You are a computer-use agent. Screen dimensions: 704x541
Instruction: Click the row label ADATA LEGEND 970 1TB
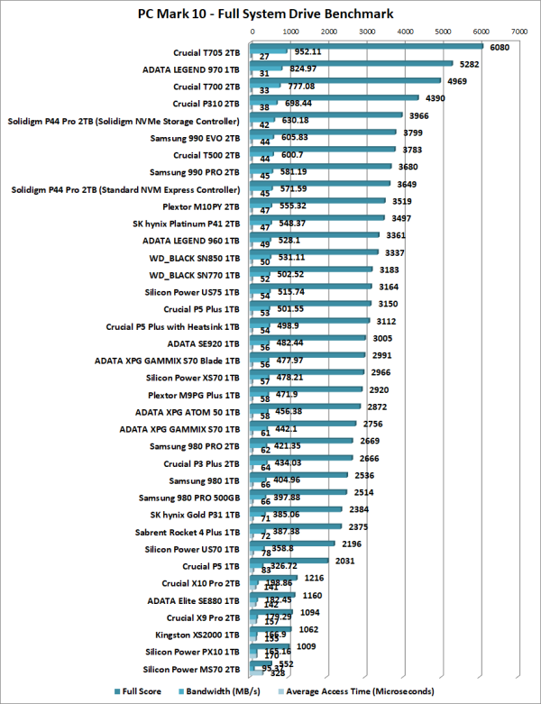tap(191, 69)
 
